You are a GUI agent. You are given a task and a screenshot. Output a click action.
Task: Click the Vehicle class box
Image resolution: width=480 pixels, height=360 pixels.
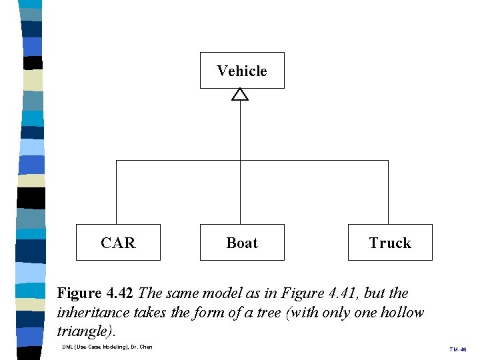coord(242,71)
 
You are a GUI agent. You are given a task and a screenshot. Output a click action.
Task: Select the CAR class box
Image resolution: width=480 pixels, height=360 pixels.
coord(118,243)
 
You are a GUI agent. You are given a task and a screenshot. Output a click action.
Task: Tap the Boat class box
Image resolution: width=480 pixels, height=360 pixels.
coord(242,243)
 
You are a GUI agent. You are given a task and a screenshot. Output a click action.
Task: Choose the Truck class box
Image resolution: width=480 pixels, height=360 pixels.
coord(390,243)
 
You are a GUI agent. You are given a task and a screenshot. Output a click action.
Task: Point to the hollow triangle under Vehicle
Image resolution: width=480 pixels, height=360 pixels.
coord(240,95)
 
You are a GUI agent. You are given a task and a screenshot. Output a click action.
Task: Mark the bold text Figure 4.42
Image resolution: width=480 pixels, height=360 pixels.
coord(95,293)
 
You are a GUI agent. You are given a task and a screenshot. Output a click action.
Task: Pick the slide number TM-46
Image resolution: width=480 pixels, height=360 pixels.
coord(457,349)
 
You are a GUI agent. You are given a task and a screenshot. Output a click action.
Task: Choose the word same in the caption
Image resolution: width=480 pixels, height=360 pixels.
coord(180,293)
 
